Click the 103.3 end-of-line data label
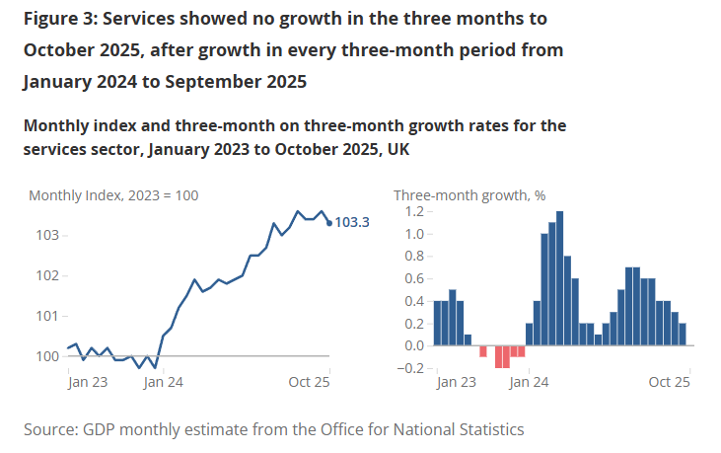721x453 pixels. [x=352, y=223]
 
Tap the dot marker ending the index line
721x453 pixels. [x=328, y=222]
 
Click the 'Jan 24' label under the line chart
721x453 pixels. [x=163, y=381]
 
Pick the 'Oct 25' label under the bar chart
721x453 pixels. [x=669, y=381]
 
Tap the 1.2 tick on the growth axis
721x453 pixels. [x=413, y=212]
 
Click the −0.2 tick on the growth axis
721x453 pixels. [x=409, y=368]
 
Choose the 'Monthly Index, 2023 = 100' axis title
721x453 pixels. [x=113, y=195]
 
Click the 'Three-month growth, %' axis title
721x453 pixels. [x=469, y=195]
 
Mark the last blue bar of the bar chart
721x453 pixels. [x=683, y=335]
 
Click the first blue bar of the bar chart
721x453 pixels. [x=437, y=323]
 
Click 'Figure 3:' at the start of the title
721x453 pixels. [x=62, y=19]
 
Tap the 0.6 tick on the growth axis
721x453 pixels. [x=413, y=279]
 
